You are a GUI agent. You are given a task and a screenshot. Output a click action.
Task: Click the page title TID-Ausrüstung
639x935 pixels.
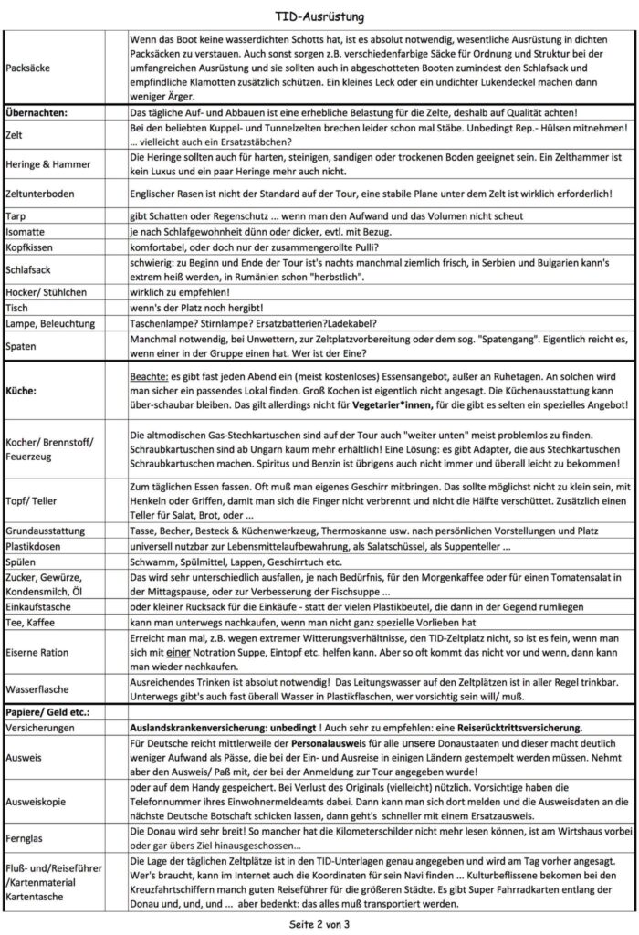pyautogui.click(x=319, y=16)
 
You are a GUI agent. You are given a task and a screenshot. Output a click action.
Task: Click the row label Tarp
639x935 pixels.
pyautogui.click(x=17, y=215)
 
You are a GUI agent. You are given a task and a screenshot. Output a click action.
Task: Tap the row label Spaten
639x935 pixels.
pyautogui.click(x=23, y=345)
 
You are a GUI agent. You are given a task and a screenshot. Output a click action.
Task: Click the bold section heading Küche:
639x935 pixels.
pyautogui.click(x=23, y=390)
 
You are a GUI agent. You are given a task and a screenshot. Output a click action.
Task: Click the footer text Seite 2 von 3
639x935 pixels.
pyautogui.click(x=319, y=923)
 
